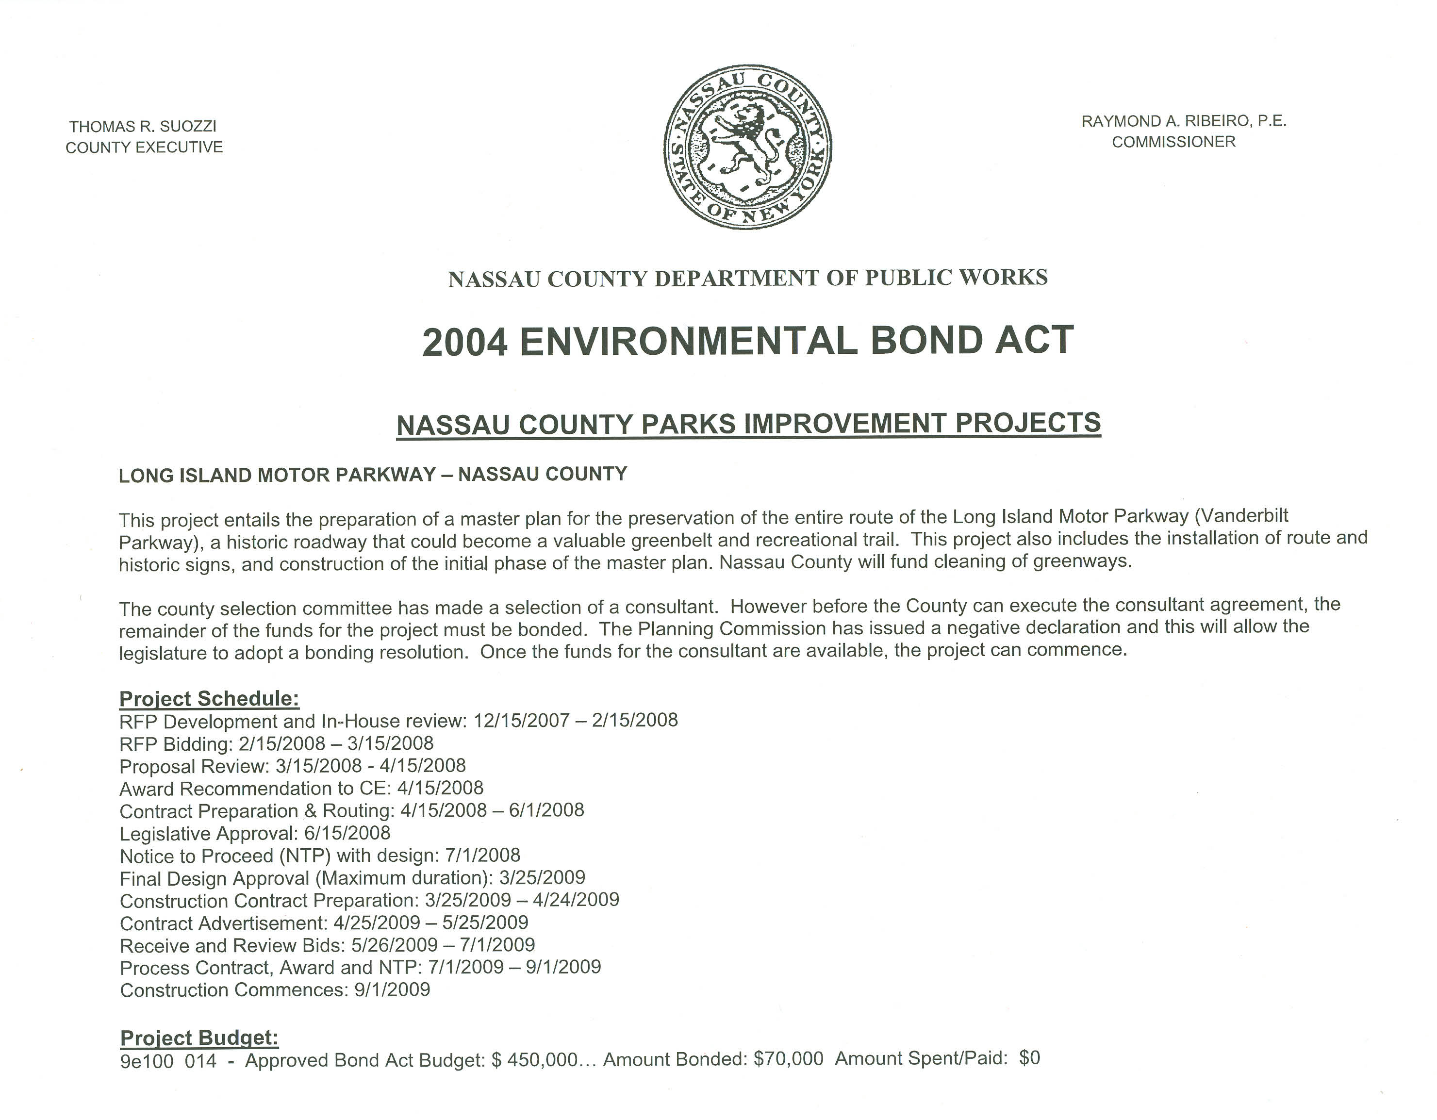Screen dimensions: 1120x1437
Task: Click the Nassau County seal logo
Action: pyautogui.click(x=747, y=147)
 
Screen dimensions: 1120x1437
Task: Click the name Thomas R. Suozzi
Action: pyautogui.click(x=143, y=126)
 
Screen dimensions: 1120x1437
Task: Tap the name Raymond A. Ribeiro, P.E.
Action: pyautogui.click(x=1184, y=121)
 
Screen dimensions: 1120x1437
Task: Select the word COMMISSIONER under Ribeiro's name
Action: pyautogui.click(x=1174, y=142)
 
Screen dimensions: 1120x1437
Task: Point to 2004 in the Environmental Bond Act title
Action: pyautogui.click(x=464, y=342)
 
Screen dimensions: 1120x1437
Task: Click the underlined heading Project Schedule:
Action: pyautogui.click(x=209, y=698)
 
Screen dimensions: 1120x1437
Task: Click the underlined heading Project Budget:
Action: pyautogui.click(x=199, y=1038)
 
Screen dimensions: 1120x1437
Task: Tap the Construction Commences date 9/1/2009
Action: pyautogui.click(x=392, y=990)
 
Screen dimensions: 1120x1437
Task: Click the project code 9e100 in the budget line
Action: pyautogui.click(x=147, y=1061)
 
